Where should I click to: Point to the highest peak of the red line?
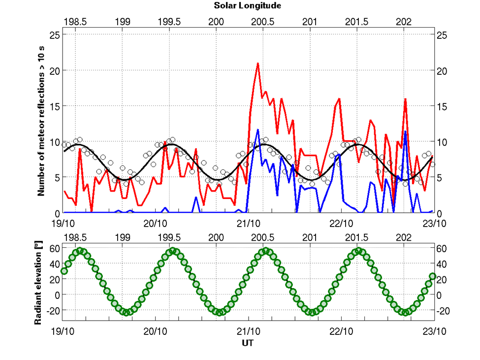[x=257, y=64]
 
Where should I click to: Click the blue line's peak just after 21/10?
[x=257, y=130]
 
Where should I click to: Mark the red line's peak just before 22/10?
[x=339, y=99]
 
